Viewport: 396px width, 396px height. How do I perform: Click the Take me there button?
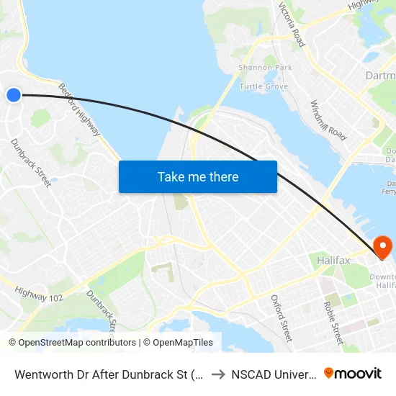click(x=198, y=176)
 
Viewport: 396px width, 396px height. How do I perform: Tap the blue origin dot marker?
click(x=14, y=94)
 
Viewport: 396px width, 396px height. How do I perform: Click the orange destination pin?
click(x=382, y=248)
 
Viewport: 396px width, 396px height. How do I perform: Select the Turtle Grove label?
click(x=264, y=86)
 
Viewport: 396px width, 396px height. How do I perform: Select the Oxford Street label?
click(x=282, y=318)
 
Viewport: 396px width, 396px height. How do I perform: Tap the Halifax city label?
click(x=333, y=260)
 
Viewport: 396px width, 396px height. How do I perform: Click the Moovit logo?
click(x=353, y=373)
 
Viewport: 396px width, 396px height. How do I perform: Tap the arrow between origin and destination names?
click(x=217, y=374)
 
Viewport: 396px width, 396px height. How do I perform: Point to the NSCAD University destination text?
click(x=274, y=374)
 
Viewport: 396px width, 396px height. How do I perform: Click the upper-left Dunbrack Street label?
click(x=31, y=163)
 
